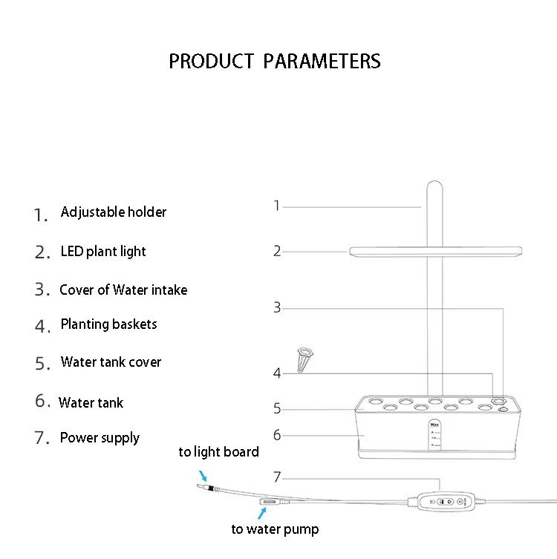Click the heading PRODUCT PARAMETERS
click(275, 61)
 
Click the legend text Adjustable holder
click(114, 212)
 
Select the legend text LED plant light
click(103, 252)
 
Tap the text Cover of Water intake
click(123, 290)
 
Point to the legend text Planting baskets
click(108, 324)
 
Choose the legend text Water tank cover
click(111, 362)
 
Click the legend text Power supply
click(100, 438)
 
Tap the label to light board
click(218, 452)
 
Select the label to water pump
click(275, 529)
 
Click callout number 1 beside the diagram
click(277, 206)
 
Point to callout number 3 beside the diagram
click(277, 307)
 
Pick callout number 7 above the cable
click(277, 477)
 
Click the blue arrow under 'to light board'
click(203, 476)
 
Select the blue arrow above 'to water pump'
click(262, 514)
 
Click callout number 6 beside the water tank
click(277, 435)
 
